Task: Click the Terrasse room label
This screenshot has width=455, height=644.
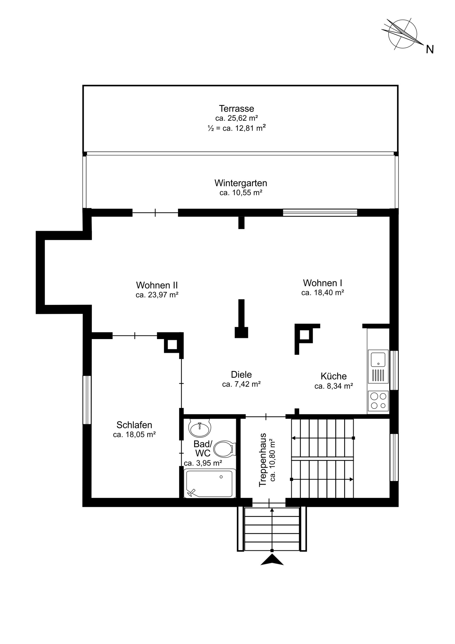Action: point(236,109)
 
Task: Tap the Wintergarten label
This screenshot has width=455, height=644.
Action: point(241,183)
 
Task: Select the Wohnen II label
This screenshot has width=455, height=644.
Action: point(157,285)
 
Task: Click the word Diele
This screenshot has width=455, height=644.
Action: point(241,374)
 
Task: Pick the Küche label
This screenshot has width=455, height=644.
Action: point(334,376)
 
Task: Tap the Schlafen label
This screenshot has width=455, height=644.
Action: point(134,425)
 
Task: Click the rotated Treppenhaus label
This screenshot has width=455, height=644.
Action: point(263,460)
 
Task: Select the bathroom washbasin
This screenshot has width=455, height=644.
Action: point(200,428)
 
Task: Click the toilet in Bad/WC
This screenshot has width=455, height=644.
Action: point(225,449)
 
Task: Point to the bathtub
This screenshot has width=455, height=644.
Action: point(209,483)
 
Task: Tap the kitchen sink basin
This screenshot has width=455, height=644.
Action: point(378,360)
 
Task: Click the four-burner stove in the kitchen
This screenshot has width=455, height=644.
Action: point(378,401)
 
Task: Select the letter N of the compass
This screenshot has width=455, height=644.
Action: point(430,49)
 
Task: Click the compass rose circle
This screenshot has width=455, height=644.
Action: point(403,33)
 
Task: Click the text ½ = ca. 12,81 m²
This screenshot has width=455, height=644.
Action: point(237,128)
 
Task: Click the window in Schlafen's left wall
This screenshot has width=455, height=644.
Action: point(87,400)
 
